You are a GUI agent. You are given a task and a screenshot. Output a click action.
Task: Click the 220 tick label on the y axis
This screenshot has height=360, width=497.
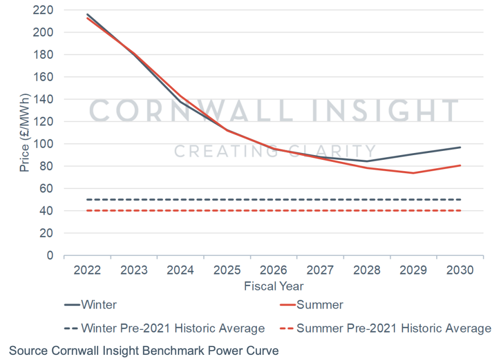[43, 10]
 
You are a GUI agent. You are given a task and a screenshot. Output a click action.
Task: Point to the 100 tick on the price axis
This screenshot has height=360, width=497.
[43, 144]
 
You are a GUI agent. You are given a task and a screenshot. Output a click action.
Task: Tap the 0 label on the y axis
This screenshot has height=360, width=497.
[50, 255]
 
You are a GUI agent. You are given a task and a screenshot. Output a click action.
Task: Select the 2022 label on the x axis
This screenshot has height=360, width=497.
[87, 270]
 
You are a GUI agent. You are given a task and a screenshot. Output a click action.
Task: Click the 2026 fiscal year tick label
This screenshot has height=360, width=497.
[273, 270]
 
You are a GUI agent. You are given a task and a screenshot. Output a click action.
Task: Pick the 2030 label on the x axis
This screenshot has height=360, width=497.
[460, 270]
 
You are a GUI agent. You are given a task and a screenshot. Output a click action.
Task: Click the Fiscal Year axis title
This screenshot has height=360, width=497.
[273, 286]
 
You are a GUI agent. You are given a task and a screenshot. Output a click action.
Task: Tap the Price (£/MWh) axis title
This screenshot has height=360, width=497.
[24, 133]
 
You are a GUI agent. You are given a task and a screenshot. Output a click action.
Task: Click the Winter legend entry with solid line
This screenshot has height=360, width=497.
[91, 305]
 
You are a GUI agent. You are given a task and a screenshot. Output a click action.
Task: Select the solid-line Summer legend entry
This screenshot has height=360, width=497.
[312, 305]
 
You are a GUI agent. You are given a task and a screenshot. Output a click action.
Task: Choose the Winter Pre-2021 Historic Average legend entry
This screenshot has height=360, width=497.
[164, 328]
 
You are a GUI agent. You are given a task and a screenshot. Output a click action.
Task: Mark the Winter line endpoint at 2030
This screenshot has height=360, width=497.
[460, 147]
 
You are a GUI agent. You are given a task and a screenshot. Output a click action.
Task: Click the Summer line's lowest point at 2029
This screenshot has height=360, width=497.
[413, 173]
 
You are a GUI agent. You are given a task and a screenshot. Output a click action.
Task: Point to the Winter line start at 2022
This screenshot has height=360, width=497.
[87, 14]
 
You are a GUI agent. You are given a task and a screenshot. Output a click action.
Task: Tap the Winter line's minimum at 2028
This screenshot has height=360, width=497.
[367, 161]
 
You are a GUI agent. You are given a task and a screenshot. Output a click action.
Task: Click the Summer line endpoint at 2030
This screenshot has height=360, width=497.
[460, 165]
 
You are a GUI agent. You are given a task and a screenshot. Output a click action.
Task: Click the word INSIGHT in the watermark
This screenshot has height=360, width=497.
[385, 110]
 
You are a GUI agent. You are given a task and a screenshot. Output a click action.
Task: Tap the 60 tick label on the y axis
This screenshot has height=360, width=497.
[46, 188]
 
